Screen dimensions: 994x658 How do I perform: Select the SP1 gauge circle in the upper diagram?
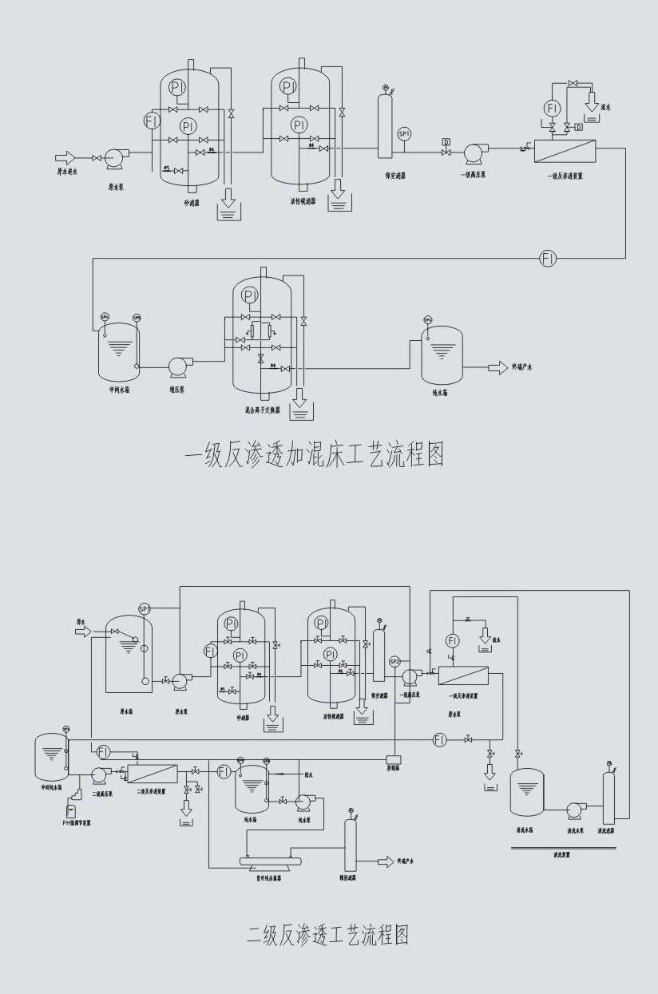point(404,133)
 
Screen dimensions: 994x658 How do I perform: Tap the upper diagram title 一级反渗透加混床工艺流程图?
point(314,455)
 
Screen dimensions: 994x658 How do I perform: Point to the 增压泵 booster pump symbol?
point(177,366)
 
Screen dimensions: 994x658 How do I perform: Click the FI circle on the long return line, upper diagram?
point(548,258)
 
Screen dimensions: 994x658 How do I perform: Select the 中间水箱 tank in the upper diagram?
point(117,352)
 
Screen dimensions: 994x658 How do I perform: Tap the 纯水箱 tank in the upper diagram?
point(442,354)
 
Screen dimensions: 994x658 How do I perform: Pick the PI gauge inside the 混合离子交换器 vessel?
point(251,296)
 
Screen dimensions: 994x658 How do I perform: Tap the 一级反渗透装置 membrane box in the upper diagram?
point(565,151)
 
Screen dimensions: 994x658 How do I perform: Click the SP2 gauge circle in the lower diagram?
point(394,661)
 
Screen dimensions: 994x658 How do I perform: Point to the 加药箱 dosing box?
point(393,758)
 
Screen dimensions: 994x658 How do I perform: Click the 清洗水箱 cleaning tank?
point(526,793)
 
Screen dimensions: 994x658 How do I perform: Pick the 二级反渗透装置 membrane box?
point(153,773)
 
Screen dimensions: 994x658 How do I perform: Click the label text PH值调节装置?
point(77,822)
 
